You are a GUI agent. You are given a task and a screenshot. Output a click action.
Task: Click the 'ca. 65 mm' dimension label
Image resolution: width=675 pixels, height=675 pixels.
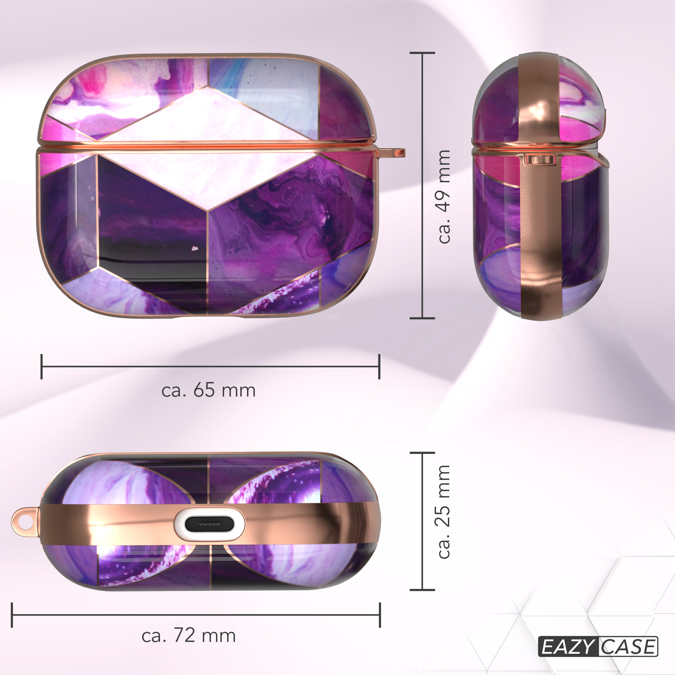[x=208, y=390]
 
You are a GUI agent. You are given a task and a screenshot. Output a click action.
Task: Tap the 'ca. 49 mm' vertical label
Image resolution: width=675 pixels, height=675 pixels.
[x=444, y=197]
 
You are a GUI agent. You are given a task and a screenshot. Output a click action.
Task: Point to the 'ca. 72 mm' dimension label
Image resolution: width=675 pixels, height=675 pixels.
[x=189, y=635]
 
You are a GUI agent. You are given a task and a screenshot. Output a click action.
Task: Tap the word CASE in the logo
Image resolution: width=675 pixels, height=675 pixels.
[x=628, y=646]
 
